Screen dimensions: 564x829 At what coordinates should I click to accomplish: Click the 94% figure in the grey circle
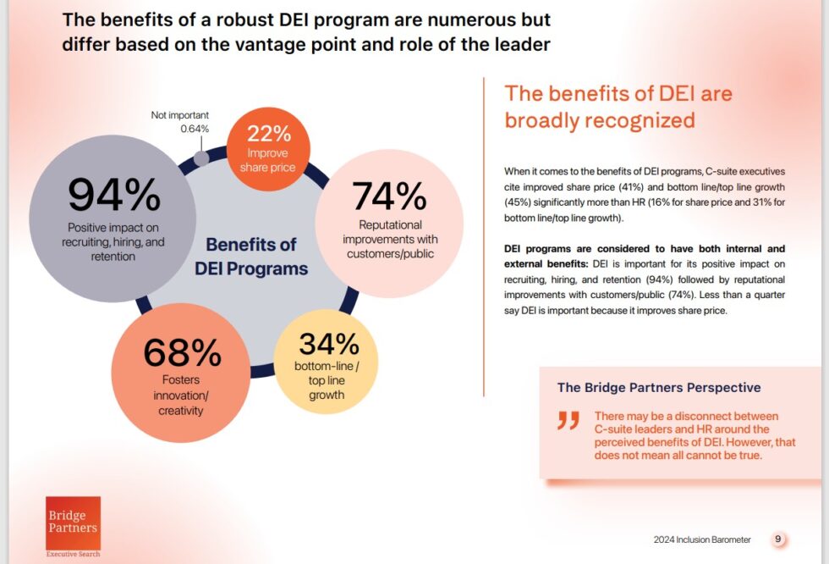point(114,196)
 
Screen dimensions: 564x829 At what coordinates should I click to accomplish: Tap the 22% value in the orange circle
point(268,134)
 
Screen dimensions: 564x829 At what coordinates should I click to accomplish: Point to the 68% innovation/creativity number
point(183,352)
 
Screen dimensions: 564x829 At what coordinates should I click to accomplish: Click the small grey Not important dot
point(201,158)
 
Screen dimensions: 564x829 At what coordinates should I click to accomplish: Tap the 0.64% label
point(194,129)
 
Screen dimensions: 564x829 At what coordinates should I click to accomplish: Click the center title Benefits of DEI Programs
point(251,257)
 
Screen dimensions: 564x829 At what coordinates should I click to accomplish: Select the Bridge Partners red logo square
point(73,523)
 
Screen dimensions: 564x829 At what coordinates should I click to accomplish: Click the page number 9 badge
point(778,539)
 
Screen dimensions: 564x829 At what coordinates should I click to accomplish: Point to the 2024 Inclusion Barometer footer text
point(701,539)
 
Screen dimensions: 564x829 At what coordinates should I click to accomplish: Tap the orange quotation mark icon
point(568,421)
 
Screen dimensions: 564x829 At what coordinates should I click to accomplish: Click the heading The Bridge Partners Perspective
point(658,388)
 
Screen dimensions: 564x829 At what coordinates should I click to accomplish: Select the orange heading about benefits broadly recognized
point(618,107)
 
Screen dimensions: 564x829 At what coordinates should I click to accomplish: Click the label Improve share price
point(268,159)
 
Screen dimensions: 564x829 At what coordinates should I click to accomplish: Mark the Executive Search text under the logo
point(73,555)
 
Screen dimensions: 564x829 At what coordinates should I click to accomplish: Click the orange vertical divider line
point(483,237)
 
